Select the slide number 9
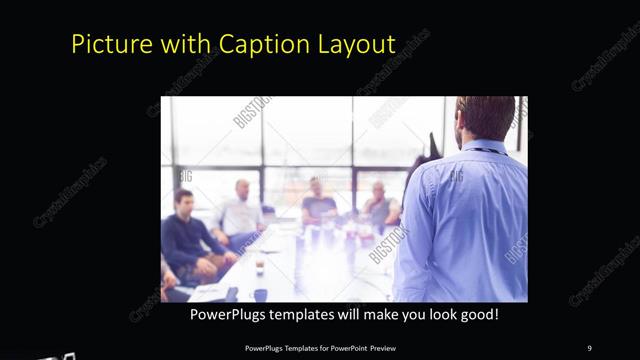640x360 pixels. tap(589, 347)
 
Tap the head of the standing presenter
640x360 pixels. tap(486, 118)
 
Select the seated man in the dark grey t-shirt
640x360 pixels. tap(319, 205)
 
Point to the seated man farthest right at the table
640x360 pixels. tap(380, 205)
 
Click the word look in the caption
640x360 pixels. tap(437, 314)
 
